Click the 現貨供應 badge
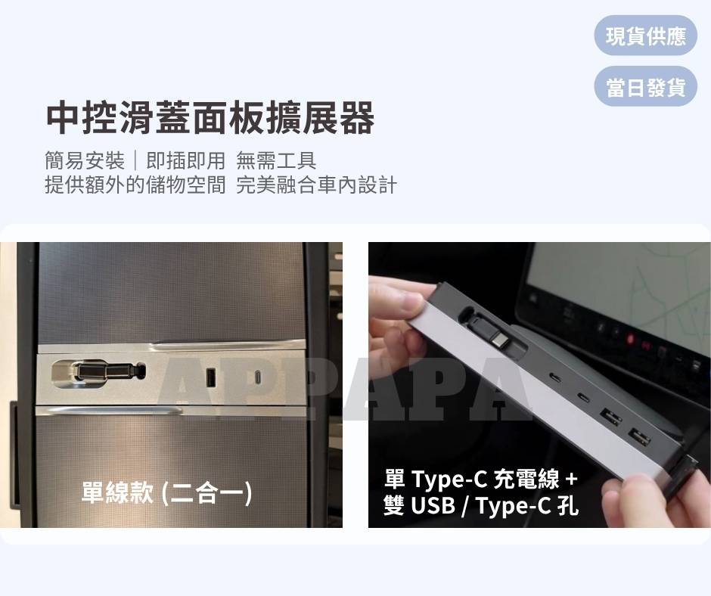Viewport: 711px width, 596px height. [645, 36]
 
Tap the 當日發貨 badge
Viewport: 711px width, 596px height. [645, 87]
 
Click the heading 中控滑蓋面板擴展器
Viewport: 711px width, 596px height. [210, 119]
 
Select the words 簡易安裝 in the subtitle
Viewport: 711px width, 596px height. [85, 160]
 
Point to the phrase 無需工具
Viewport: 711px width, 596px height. [276, 160]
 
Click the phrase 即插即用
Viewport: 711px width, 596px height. [185, 160]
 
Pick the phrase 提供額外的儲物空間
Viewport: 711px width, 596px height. [135, 185]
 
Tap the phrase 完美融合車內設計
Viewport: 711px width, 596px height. [316, 185]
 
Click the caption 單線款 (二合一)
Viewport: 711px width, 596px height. [166, 492]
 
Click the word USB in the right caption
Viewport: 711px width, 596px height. [433, 504]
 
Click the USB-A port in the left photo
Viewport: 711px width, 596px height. [210, 377]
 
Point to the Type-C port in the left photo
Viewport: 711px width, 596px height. [258, 377]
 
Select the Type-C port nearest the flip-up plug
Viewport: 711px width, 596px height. [555, 378]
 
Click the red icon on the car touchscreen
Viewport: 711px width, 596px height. [630, 338]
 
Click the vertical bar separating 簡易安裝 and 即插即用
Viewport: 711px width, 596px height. [135, 161]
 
